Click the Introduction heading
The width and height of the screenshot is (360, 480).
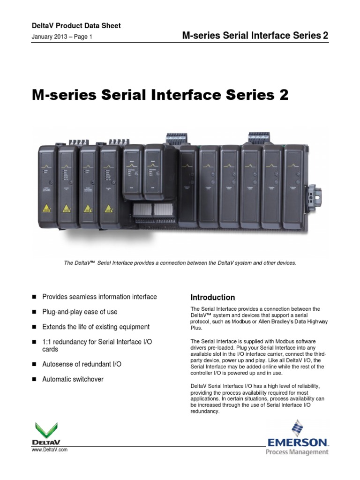coord(212,297)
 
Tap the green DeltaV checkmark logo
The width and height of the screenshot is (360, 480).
coord(46,430)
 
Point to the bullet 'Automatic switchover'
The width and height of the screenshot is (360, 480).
coord(73,379)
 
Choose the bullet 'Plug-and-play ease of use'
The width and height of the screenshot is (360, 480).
coord(80,312)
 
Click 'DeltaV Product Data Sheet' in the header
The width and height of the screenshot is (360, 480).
coord(76,26)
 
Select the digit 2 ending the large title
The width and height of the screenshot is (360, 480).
coord(283,95)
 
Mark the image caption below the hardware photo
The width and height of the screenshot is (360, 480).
coord(180,263)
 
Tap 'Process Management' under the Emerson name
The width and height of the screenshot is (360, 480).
coord(297,452)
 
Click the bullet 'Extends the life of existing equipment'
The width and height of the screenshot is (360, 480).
coord(96,327)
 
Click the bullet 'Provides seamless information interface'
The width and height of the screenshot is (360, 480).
coord(99,297)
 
